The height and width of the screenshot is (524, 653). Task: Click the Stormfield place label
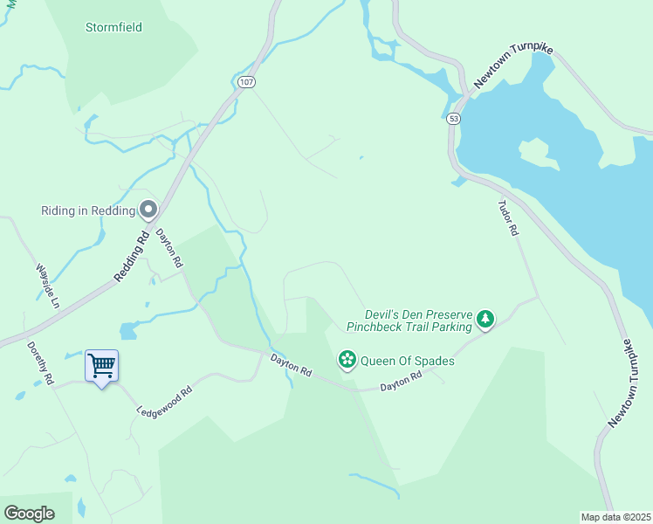coord(113,27)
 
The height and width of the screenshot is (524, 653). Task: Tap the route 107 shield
coord(244,82)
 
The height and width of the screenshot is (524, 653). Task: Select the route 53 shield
coord(452,118)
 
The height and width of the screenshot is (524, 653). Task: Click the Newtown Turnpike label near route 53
coord(514,67)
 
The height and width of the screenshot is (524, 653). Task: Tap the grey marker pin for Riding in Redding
coord(148,210)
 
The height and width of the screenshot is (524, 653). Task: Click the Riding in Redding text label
coord(88,210)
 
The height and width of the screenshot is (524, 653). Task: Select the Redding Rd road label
coord(132,256)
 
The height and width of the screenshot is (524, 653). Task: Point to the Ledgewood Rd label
coord(163,401)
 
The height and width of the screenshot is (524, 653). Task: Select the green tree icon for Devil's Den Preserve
coord(485,321)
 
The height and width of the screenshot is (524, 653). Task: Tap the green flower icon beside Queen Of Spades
coord(347,360)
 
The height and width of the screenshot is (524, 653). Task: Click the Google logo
coord(29,513)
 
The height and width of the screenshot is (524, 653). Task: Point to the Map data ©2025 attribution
coord(615,516)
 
